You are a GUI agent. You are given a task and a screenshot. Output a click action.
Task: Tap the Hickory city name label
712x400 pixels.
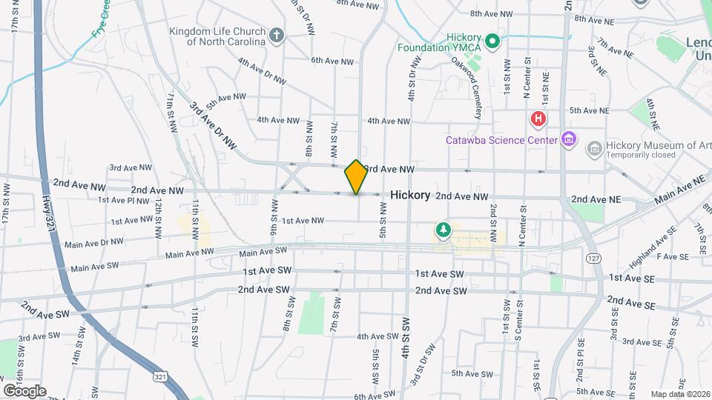(x=410, y=195)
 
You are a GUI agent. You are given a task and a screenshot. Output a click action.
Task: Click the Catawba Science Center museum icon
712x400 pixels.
(x=569, y=139)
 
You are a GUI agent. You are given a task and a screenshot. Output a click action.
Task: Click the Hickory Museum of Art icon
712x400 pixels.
(x=593, y=149)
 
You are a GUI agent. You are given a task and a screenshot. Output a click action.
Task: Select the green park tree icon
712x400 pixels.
(x=444, y=230)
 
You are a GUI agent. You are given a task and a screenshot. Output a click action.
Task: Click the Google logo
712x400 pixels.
(x=24, y=390)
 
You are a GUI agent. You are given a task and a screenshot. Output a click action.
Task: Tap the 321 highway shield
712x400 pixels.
(x=161, y=377)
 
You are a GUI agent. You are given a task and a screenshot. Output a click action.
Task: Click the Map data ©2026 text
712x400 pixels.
(x=679, y=394)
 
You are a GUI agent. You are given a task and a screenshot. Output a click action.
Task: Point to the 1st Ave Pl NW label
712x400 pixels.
(x=123, y=200)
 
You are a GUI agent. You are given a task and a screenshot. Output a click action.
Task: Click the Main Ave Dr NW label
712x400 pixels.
(x=94, y=242)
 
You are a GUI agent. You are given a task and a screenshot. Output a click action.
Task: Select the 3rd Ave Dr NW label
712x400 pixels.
(x=211, y=126)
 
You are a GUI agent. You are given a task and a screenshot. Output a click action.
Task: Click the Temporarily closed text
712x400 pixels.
(x=641, y=156)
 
